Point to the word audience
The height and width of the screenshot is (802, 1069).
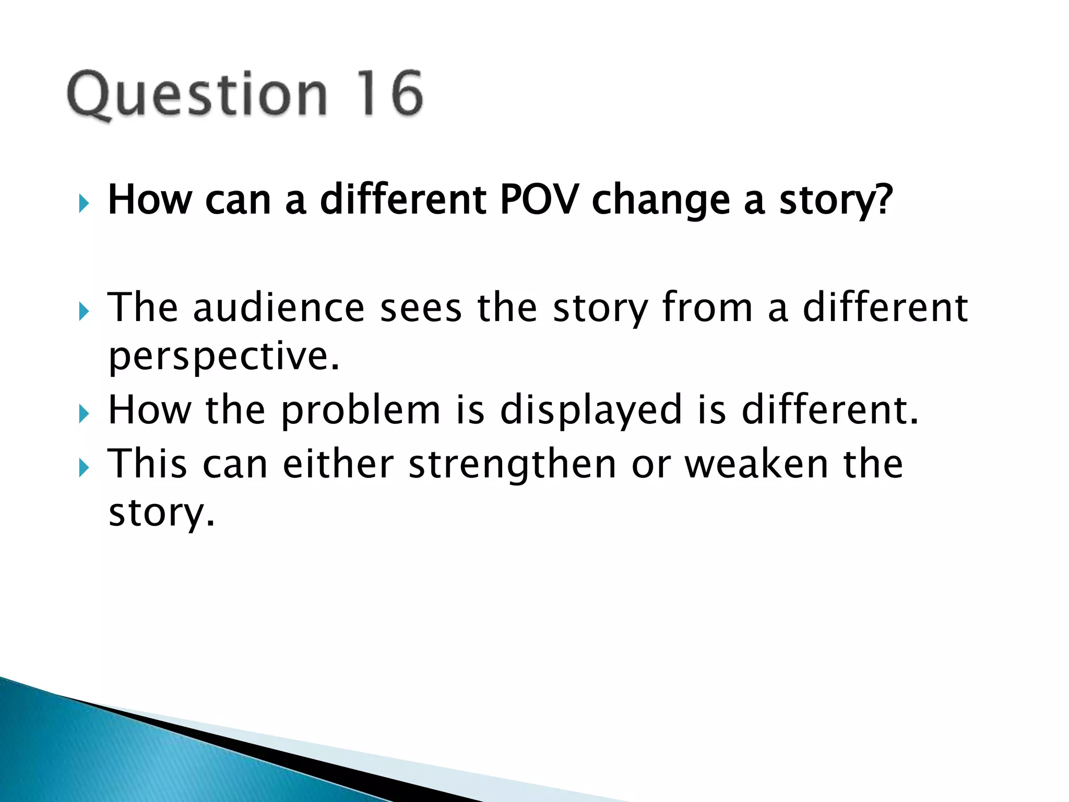click(279, 308)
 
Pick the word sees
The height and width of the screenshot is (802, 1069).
click(421, 309)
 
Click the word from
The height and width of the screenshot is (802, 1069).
click(707, 308)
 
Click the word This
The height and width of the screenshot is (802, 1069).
click(147, 464)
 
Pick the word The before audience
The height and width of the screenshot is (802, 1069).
click(142, 308)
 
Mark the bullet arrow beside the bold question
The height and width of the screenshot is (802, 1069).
click(84, 203)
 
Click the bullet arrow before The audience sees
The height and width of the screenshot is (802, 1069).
click(84, 312)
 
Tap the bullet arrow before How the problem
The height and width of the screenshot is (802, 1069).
click(84, 415)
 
